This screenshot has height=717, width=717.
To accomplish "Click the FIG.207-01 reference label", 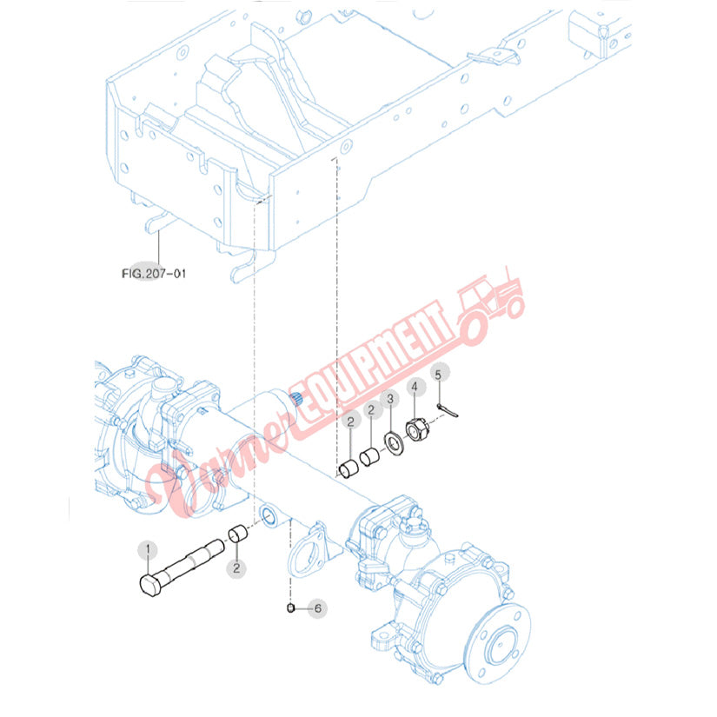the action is click(154, 274).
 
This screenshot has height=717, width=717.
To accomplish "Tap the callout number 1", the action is click(148, 548).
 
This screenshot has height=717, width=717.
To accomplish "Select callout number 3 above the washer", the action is click(390, 399).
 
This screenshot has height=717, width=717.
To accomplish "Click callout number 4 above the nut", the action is click(415, 387).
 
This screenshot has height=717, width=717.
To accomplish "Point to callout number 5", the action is click(438, 375).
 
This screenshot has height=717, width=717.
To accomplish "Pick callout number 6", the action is click(317, 608).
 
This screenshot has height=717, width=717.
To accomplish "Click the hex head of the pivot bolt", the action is click(149, 585).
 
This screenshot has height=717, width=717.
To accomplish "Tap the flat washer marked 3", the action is click(395, 443).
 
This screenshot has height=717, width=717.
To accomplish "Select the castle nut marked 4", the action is click(417, 430).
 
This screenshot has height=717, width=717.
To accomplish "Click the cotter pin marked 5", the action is click(448, 410).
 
